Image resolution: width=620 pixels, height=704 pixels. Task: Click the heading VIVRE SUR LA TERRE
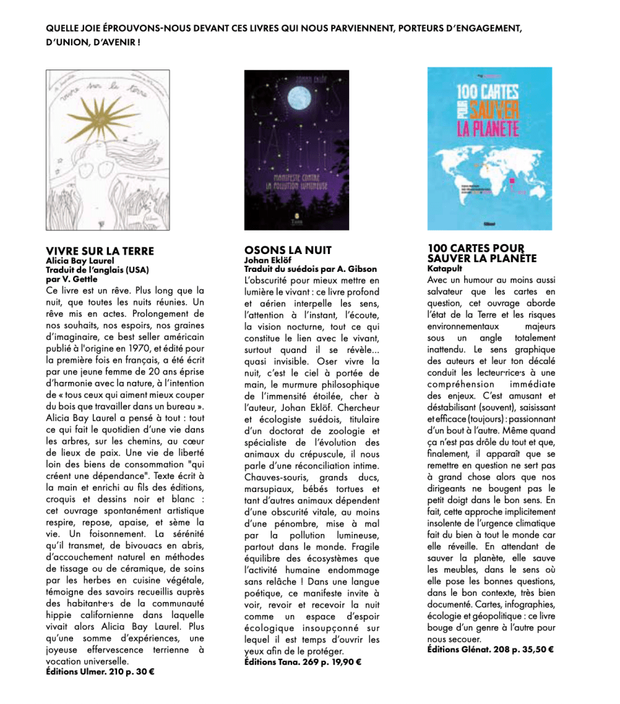(x=99, y=250)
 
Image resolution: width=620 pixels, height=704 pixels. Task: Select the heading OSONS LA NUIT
(x=288, y=250)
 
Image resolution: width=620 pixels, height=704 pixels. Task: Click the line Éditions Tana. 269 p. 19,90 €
(x=302, y=661)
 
